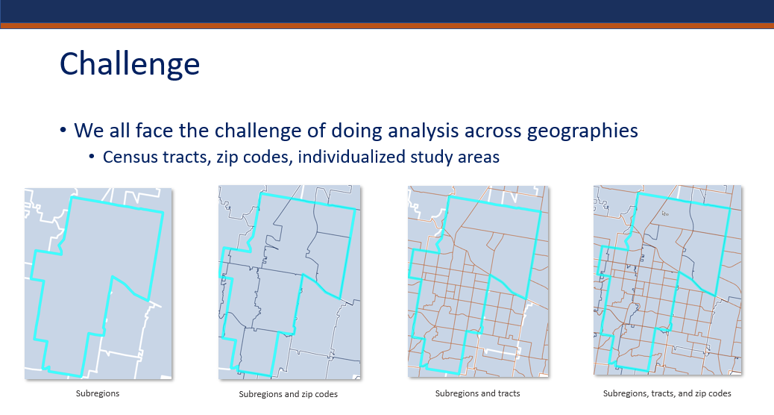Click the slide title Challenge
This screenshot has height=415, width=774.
129,64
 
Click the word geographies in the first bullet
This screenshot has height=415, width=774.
582,131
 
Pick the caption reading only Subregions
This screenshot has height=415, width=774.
98,394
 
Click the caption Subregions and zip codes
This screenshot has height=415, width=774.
289,394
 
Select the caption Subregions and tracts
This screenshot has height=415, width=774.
477,394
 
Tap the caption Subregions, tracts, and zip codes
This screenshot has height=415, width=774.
667,394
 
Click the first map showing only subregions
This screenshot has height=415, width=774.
98,284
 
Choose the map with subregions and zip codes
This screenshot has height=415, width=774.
289,282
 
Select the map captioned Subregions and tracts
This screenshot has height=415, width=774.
478,281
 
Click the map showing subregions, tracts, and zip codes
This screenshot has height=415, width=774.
667,280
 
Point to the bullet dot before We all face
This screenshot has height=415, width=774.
63,131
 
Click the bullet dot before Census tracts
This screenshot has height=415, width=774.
91,157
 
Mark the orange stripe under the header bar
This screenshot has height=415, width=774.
387,25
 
